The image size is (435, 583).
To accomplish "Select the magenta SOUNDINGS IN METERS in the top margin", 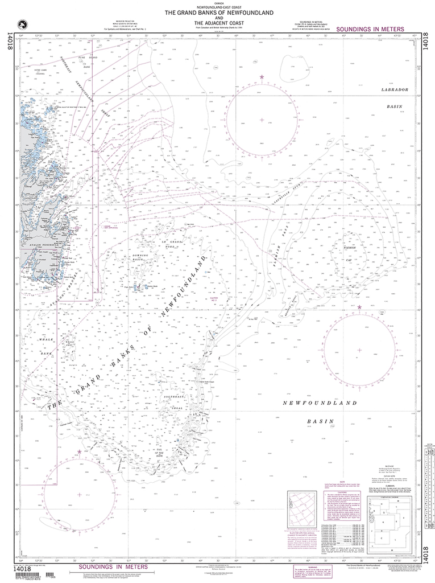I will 370,28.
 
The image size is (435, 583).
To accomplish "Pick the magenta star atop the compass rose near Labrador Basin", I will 262,77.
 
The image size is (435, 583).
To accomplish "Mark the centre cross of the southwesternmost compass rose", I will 78,494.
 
